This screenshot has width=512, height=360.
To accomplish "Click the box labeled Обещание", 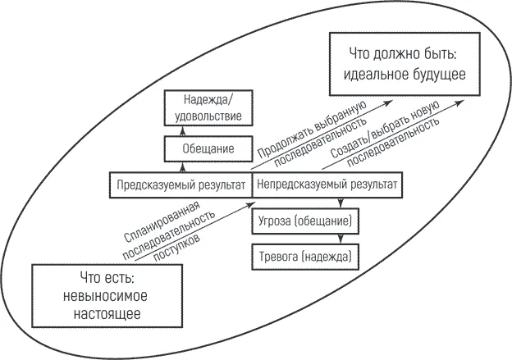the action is (x=208, y=148).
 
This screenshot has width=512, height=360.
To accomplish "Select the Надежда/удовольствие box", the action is (x=208, y=108).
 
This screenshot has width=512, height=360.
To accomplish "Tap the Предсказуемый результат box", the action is (x=181, y=185).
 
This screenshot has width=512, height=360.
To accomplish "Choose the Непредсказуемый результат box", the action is (x=327, y=185).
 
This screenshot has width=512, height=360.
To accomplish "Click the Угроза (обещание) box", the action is (x=305, y=221).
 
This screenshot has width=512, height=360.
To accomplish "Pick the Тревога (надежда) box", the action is (x=305, y=257).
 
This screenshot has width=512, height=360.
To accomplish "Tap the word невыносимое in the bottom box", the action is (x=105, y=296).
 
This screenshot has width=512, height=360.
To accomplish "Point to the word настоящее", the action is (x=107, y=314).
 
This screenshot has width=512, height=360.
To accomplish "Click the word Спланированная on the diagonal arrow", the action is (x=162, y=221).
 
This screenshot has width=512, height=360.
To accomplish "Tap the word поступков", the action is (x=176, y=247).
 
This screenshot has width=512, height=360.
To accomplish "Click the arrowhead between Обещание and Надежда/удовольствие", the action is (x=183, y=131).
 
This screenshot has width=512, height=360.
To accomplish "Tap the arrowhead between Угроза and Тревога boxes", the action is (x=341, y=239).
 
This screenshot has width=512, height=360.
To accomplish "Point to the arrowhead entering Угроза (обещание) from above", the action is (x=341, y=203).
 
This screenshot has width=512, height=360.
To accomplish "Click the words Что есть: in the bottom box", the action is (x=107, y=278).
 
